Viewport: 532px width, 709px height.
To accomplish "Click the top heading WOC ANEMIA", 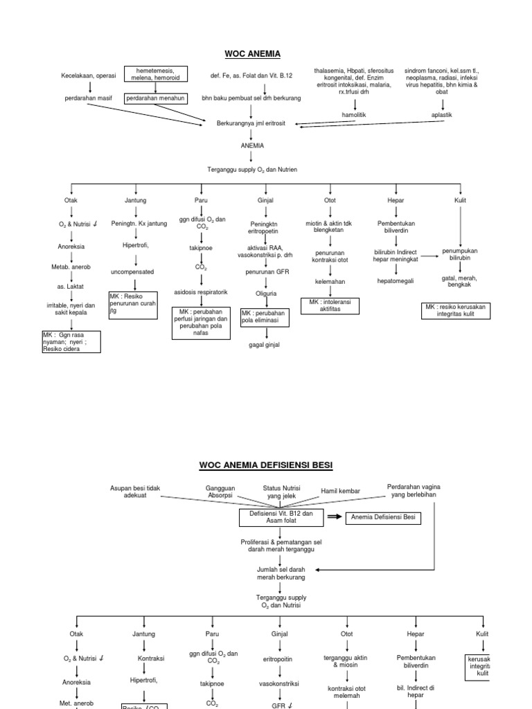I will (x=253, y=53).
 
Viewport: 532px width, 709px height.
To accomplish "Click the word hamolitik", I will (x=355, y=115).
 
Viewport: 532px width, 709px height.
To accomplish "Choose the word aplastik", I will (x=442, y=115).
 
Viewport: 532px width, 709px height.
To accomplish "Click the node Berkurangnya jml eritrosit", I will (x=251, y=123).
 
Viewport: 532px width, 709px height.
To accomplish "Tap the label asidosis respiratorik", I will (x=201, y=292).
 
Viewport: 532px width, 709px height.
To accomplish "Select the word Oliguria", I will (x=266, y=292).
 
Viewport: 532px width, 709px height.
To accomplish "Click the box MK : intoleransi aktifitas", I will (x=330, y=305).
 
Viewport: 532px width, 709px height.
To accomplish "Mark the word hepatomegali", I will (x=396, y=281).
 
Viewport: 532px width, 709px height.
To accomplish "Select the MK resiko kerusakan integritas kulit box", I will (x=457, y=310).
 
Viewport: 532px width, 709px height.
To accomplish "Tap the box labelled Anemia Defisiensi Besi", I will (x=384, y=517).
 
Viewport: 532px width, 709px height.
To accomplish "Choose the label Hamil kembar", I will (x=340, y=491).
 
